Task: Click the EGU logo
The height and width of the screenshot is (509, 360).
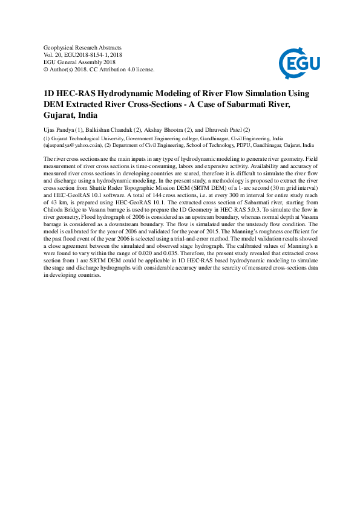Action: coord(298,60)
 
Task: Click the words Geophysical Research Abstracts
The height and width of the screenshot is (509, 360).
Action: coord(83,47)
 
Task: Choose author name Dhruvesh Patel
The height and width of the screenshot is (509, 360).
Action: coord(222,130)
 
